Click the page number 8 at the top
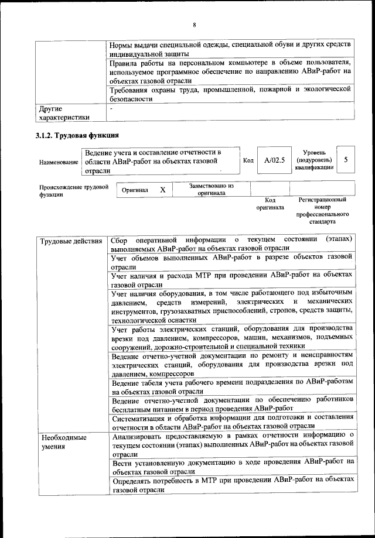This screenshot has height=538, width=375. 193,25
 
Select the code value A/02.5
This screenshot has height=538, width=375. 274,160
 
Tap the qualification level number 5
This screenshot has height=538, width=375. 346,159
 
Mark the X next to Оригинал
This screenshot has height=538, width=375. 163,190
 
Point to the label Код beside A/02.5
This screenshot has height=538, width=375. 248,160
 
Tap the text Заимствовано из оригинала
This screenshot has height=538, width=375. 212,189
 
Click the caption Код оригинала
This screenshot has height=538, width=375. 270,203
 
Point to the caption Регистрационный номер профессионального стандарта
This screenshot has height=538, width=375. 322,211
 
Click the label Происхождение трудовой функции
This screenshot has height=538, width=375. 70,190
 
